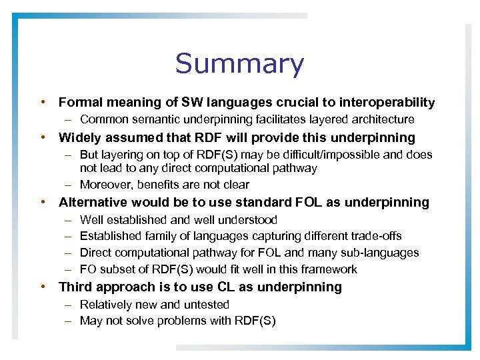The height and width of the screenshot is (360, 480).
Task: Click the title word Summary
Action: (239, 64)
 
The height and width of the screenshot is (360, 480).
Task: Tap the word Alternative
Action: (93, 202)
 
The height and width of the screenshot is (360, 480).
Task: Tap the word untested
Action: (207, 305)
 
